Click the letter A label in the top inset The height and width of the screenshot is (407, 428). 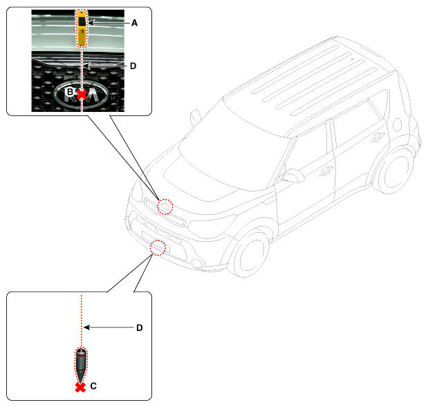(x=134, y=23)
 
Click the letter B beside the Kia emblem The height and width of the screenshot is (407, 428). (x=69, y=91)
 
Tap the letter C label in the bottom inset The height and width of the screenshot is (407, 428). (x=93, y=387)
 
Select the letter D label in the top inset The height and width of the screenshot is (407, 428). (x=133, y=66)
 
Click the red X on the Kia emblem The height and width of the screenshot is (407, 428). (x=82, y=93)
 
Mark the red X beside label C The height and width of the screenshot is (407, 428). (x=80, y=388)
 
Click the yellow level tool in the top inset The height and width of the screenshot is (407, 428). (x=82, y=28)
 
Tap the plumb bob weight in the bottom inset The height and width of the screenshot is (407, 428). (x=81, y=363)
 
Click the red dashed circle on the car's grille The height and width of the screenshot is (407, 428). (x=165, y=207)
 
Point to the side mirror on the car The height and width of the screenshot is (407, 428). (x=292, y=176)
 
